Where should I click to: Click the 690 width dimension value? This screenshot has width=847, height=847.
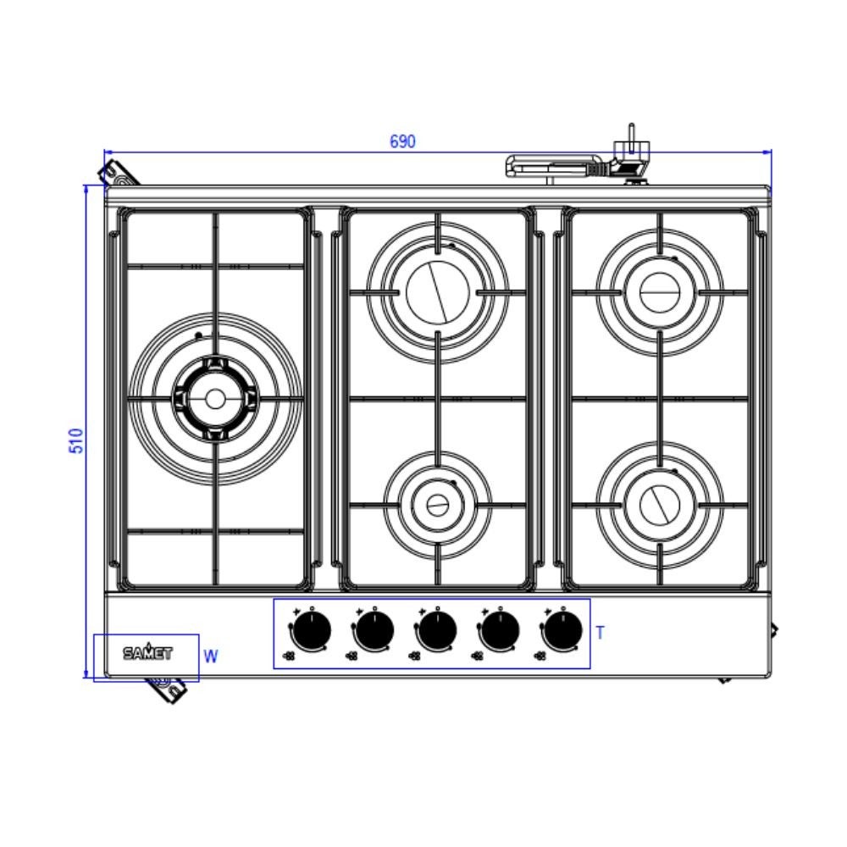402,141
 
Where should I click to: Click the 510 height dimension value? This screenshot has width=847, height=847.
76,440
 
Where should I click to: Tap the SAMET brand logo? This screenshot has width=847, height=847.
147,653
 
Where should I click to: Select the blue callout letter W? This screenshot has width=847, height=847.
211,656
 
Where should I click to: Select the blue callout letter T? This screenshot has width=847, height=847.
600,633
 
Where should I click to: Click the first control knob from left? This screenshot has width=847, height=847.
311,631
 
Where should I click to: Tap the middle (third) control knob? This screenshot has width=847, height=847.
436,631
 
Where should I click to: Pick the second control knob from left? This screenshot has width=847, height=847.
374,631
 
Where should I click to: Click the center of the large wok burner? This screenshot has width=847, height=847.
214,398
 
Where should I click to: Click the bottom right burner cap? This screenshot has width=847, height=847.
659,506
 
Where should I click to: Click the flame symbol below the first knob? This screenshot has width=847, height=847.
290,656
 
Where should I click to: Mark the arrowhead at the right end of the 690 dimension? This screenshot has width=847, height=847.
767,152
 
